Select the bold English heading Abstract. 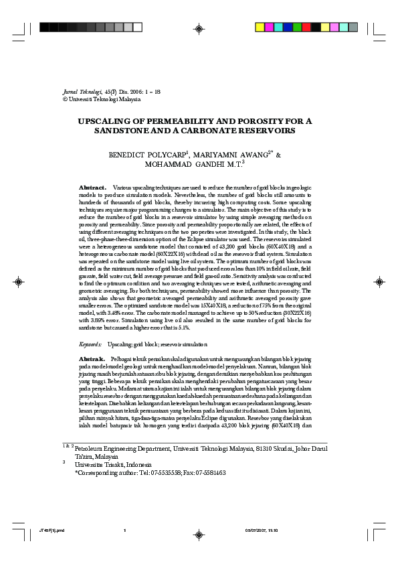pyautogui.click(x=92, y=187)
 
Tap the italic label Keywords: pyautogui.click(x=90, y=344)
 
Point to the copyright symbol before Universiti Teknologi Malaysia pyautogui.click(x=65, y=99)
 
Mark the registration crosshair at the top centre pyautogui.click(x=199, y=28)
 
